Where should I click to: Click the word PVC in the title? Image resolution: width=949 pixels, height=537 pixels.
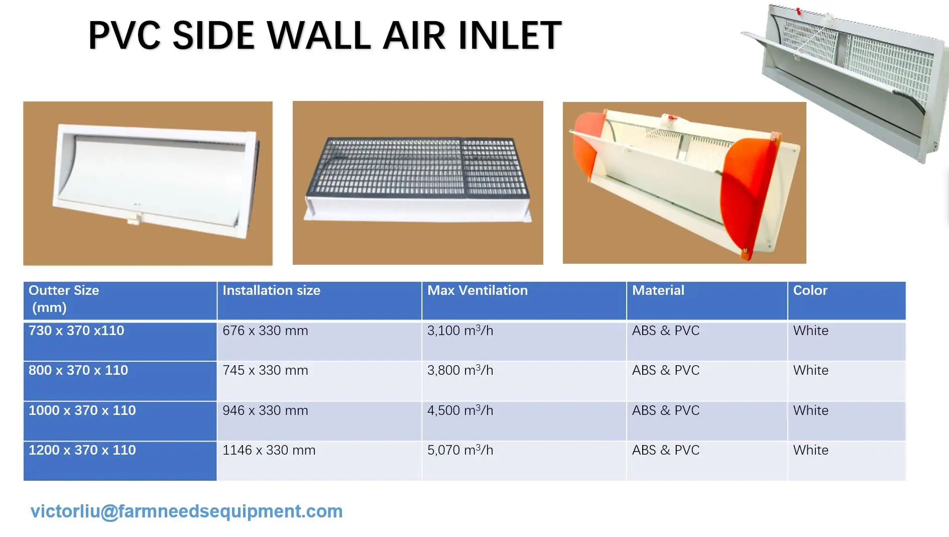click(124, 36)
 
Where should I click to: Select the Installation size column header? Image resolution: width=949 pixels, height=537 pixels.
click(271, 290)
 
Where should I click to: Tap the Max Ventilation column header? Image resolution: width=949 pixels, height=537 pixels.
click(477, 290)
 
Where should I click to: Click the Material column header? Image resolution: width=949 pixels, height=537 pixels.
click(658, 290)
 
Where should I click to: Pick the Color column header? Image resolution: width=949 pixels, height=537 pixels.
click(810, 290)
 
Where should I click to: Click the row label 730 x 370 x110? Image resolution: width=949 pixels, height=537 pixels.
click(76, 331)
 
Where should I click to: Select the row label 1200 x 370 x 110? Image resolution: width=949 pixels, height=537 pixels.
click(82, 450)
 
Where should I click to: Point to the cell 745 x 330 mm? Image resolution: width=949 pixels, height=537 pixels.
click(265, 370)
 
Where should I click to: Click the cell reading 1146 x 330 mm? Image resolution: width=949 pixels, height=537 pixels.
click(269, 450)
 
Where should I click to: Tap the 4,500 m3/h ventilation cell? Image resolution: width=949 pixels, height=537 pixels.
click(460, 410)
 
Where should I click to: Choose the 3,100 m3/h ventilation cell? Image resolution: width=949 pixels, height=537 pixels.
click(460, 331)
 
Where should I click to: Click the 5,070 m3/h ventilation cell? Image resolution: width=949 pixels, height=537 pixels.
click(460, 450)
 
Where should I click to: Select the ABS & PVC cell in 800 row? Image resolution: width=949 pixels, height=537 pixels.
click(665, 370)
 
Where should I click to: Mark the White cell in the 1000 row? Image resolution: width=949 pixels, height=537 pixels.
click(810, 410)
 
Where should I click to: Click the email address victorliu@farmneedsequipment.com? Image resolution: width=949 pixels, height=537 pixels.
click(186, 511)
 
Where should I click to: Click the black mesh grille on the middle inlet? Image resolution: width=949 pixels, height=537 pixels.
click(417, 166)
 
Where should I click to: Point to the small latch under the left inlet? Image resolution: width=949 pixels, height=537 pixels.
click(134, 220)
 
